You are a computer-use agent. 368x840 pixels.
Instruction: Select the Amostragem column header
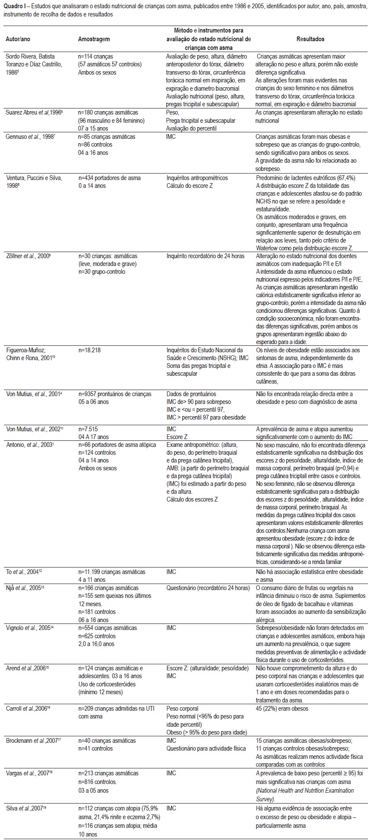pos(94,39)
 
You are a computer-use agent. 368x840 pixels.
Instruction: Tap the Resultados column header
pos(310,39)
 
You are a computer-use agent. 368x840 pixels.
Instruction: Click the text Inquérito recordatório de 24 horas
pos(205,256)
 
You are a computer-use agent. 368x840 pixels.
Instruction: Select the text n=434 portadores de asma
pos(109,178)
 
